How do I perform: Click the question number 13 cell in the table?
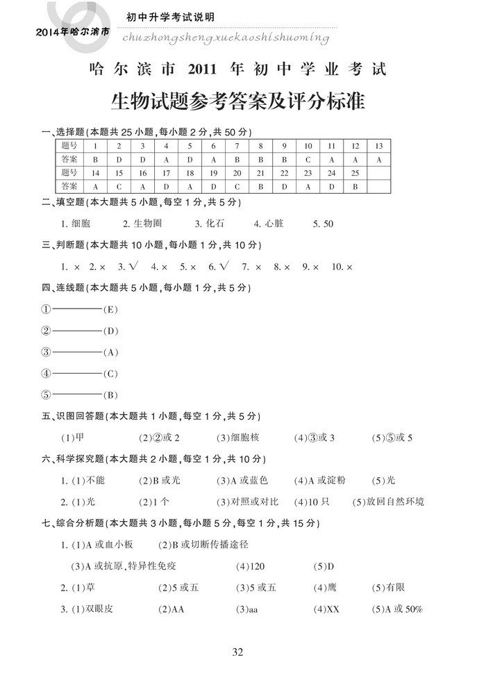(x=378, y=146)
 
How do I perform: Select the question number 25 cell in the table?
(x=355, y=173)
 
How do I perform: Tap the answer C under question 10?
(x=308, y=159)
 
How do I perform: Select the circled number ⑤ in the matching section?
(x=46, y=395)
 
